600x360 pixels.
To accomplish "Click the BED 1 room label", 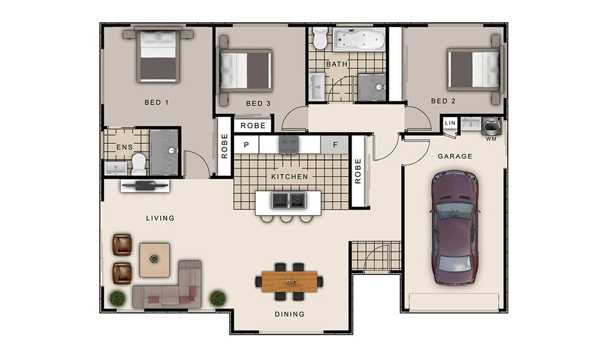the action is tap(156, 102).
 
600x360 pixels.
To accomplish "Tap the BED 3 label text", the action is tap(258, 103).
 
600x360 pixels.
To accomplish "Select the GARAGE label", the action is tap(455, 156).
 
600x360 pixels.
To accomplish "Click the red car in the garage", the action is tap(455, 228).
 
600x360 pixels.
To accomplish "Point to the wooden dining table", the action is tap(289, 281).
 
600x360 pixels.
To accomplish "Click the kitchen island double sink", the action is tap(289, 200).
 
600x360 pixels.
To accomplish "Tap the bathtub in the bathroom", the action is tap(359, 40).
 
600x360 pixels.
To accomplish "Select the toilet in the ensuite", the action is tap(139, 164).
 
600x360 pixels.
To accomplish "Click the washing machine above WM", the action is tap(491, 126).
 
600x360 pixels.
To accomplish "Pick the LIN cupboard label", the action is tap(451, 123).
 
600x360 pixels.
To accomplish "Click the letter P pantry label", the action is tap(247, 145).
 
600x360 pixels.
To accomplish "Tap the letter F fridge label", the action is tap(335, 145).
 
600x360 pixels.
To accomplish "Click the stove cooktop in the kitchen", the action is tap(289, 145).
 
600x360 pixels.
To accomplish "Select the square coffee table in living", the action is tap(155, 260).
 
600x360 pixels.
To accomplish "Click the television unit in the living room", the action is tap(145, 185).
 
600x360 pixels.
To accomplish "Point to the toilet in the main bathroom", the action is tap(320, 38).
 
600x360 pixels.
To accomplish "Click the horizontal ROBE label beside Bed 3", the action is tap(253, 125).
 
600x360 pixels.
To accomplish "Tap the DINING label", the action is tap(290, 314).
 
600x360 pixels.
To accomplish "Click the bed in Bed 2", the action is tap(475, 69).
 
